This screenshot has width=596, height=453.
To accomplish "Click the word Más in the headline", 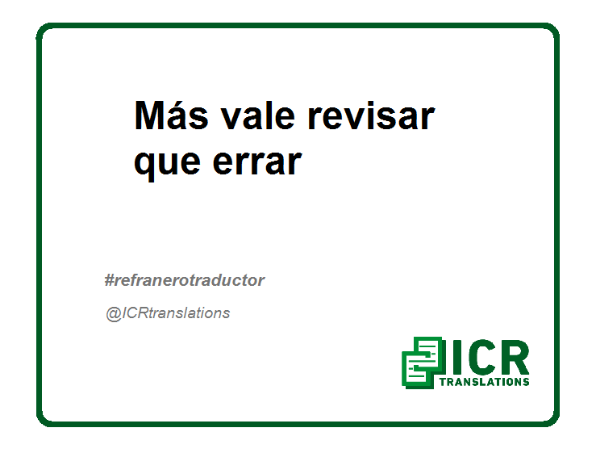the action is pos(172,115).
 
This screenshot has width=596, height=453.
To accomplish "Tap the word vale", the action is pos(258,115).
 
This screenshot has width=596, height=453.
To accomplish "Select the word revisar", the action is pos(371,115).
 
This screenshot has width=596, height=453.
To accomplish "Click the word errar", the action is pos(257,162).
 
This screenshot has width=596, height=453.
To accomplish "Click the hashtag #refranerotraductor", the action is pos(185,280).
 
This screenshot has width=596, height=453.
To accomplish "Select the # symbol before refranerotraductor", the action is pos(110,280).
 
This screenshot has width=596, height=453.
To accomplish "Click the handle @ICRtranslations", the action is pos(168,313).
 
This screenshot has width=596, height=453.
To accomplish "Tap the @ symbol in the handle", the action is pos(113,314).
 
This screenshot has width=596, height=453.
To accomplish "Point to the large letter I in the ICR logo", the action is pos(456,358).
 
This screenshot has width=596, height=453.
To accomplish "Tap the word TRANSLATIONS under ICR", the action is pos(484,382).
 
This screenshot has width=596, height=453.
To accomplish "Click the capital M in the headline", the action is pos(152,115).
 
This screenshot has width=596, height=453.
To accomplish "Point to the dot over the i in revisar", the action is pos(362,104).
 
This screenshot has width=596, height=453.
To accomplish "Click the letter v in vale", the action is pos(231,120).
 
